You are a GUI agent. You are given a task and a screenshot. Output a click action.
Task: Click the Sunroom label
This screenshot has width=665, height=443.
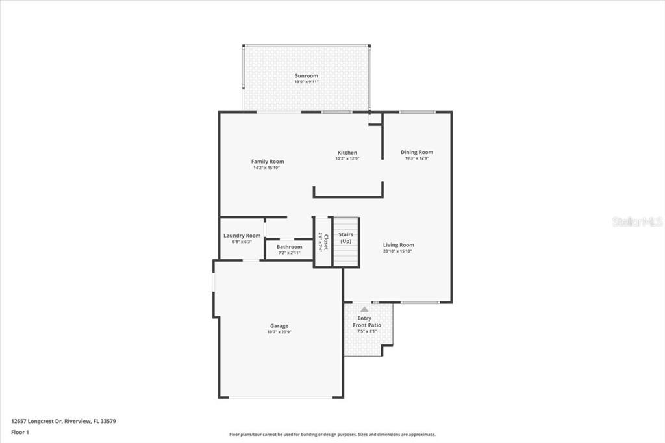tap(307, 76)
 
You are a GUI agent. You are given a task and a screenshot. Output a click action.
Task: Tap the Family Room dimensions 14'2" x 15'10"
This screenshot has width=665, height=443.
tap(266, 168)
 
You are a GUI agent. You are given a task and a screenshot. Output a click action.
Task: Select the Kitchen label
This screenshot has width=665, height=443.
tap(347, 153)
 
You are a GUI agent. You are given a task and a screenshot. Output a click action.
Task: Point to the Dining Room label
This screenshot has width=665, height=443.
tap(416, 152)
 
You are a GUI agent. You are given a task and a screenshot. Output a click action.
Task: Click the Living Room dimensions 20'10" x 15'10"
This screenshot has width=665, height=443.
tap(397, 251)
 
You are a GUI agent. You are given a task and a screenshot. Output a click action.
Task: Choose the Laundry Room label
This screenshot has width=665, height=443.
tap(242, 236)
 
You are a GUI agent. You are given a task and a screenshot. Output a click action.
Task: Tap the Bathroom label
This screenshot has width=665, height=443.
tap(289, 247)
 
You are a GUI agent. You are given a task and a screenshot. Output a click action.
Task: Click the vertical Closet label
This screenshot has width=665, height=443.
tap(326, 242)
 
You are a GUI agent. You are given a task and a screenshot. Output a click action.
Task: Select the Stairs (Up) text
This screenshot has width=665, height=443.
tap(345, 238)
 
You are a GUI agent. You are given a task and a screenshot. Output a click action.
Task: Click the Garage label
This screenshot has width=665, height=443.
tap(279, 326)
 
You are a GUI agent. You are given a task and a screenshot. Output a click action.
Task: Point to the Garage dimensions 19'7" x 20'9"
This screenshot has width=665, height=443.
tap(279, 332)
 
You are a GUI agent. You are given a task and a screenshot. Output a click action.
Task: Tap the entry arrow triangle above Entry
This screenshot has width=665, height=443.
tap(364, 309)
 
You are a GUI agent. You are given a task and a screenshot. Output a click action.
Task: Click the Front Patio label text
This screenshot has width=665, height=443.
tap(367, 325)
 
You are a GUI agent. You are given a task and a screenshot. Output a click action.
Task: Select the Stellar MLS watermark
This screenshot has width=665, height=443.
tap(637, 221)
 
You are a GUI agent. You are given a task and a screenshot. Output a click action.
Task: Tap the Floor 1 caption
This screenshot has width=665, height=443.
tap(20, 431)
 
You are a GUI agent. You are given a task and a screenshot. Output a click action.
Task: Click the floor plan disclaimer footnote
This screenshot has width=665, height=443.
tap(332, 435)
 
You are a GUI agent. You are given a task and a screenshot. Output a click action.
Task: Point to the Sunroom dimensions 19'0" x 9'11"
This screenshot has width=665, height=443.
tap(307, 82)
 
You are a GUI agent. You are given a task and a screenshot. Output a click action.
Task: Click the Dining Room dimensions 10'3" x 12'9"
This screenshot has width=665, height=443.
tap(416, 158)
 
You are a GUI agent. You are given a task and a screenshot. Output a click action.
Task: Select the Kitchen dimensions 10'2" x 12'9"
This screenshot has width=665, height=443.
tap(347, 158)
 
